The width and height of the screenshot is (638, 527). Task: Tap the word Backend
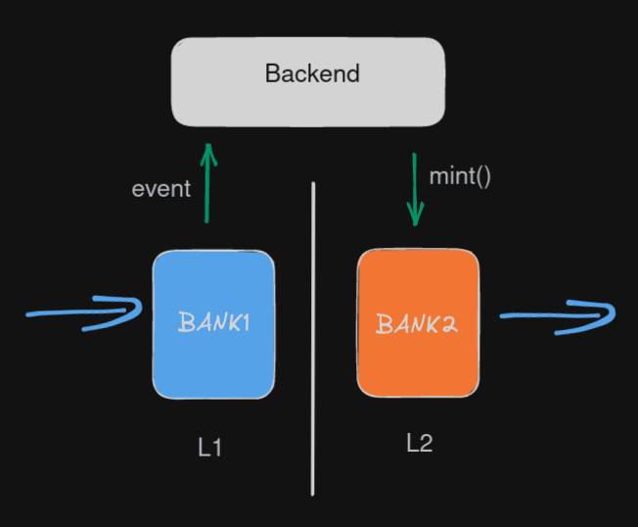pos(312,73)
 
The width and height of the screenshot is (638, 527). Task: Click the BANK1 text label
pos(213,322)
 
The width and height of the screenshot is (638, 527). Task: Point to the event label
pos(161,189)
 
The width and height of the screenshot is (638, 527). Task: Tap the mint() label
pos(460,177)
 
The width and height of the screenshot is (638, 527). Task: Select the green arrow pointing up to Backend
pos(207,191)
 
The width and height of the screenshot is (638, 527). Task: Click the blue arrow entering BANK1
pos(78,314)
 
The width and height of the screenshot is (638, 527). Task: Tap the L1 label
pos(210,449)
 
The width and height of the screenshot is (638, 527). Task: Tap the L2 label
pos(419,443)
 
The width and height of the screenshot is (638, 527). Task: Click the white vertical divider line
pos(313,392)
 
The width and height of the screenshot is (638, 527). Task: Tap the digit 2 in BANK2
pos(449,324)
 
